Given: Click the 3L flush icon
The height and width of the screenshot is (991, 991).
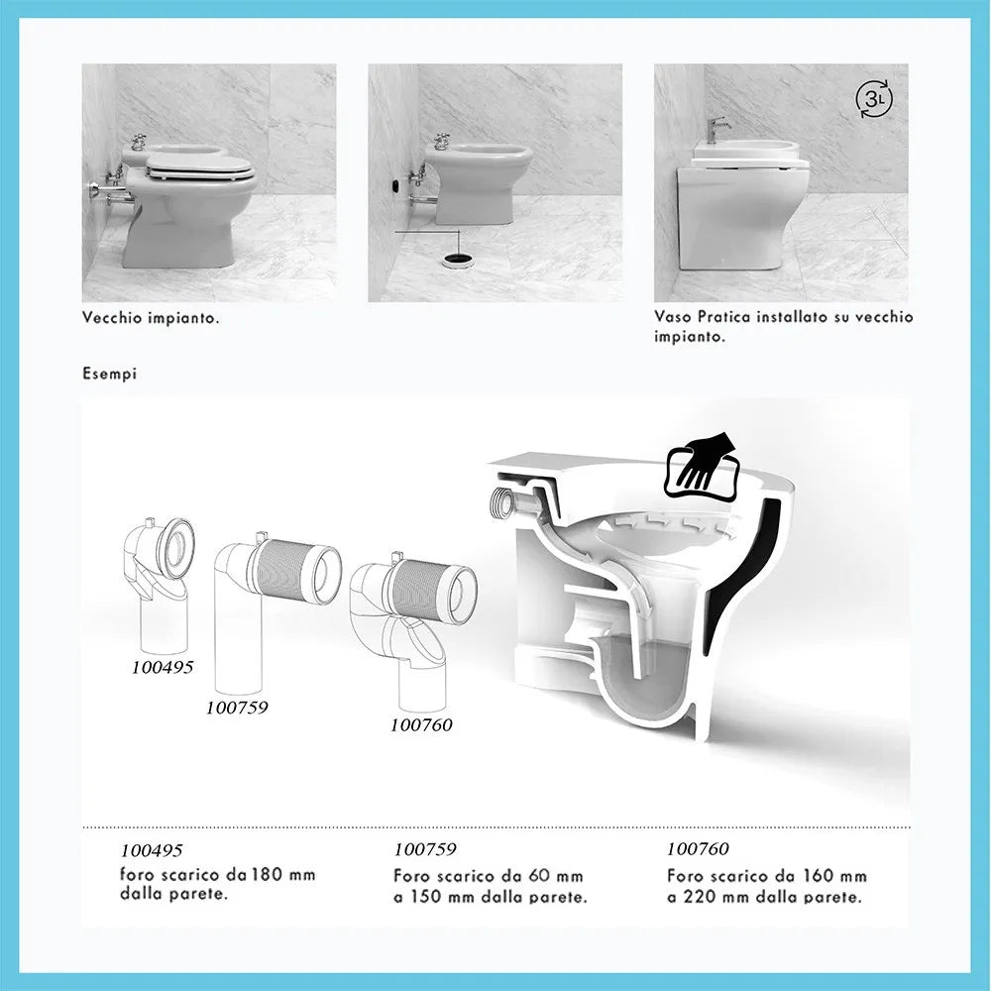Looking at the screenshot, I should click(871, 100).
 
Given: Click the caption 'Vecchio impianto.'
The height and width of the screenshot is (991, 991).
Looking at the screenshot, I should click(151, 318).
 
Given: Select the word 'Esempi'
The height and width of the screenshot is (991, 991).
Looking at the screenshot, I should click(109, 375).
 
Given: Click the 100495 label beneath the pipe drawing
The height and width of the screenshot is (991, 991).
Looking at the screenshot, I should click(162, 667).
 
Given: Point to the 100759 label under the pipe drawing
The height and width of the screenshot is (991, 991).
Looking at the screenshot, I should click(237, 708).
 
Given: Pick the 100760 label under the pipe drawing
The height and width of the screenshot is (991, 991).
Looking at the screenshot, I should click(421, 724).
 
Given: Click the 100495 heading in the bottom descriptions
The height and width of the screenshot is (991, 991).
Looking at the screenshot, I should click(152, 850).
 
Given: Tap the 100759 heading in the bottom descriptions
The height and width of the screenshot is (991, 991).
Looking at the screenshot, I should click(425, 849).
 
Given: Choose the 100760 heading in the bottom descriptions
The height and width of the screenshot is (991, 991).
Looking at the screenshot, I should click(698, 849).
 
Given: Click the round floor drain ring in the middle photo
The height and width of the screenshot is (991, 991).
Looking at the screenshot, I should click(457, 261).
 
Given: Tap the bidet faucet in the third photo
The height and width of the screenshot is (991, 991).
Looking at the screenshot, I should click(716, 130).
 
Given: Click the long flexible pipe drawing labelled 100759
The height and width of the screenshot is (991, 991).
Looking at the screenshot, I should click(273, 605).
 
